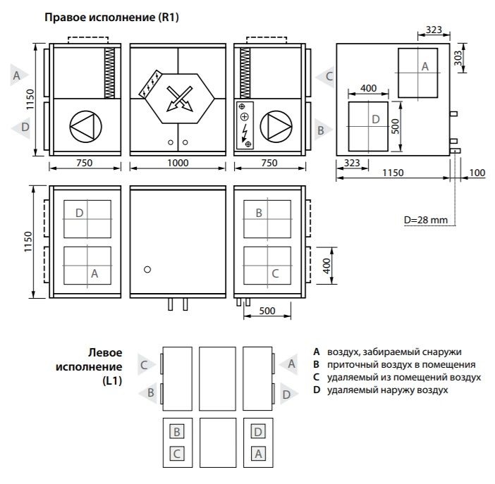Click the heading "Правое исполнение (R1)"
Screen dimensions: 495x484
click(111, 17)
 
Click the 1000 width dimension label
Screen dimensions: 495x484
click(178, 163)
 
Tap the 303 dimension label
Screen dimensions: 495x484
click(458, 58)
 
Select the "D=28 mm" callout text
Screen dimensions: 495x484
click(426, 220)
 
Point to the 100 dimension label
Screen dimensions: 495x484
click(477, 173)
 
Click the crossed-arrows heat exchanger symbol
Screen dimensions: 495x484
click(180, 99)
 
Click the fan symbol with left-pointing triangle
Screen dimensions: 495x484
click(85, 127)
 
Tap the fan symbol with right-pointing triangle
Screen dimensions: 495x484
click(276, 127)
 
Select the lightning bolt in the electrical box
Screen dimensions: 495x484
click(244, 132)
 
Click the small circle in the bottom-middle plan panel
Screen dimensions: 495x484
click(147, 269)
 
